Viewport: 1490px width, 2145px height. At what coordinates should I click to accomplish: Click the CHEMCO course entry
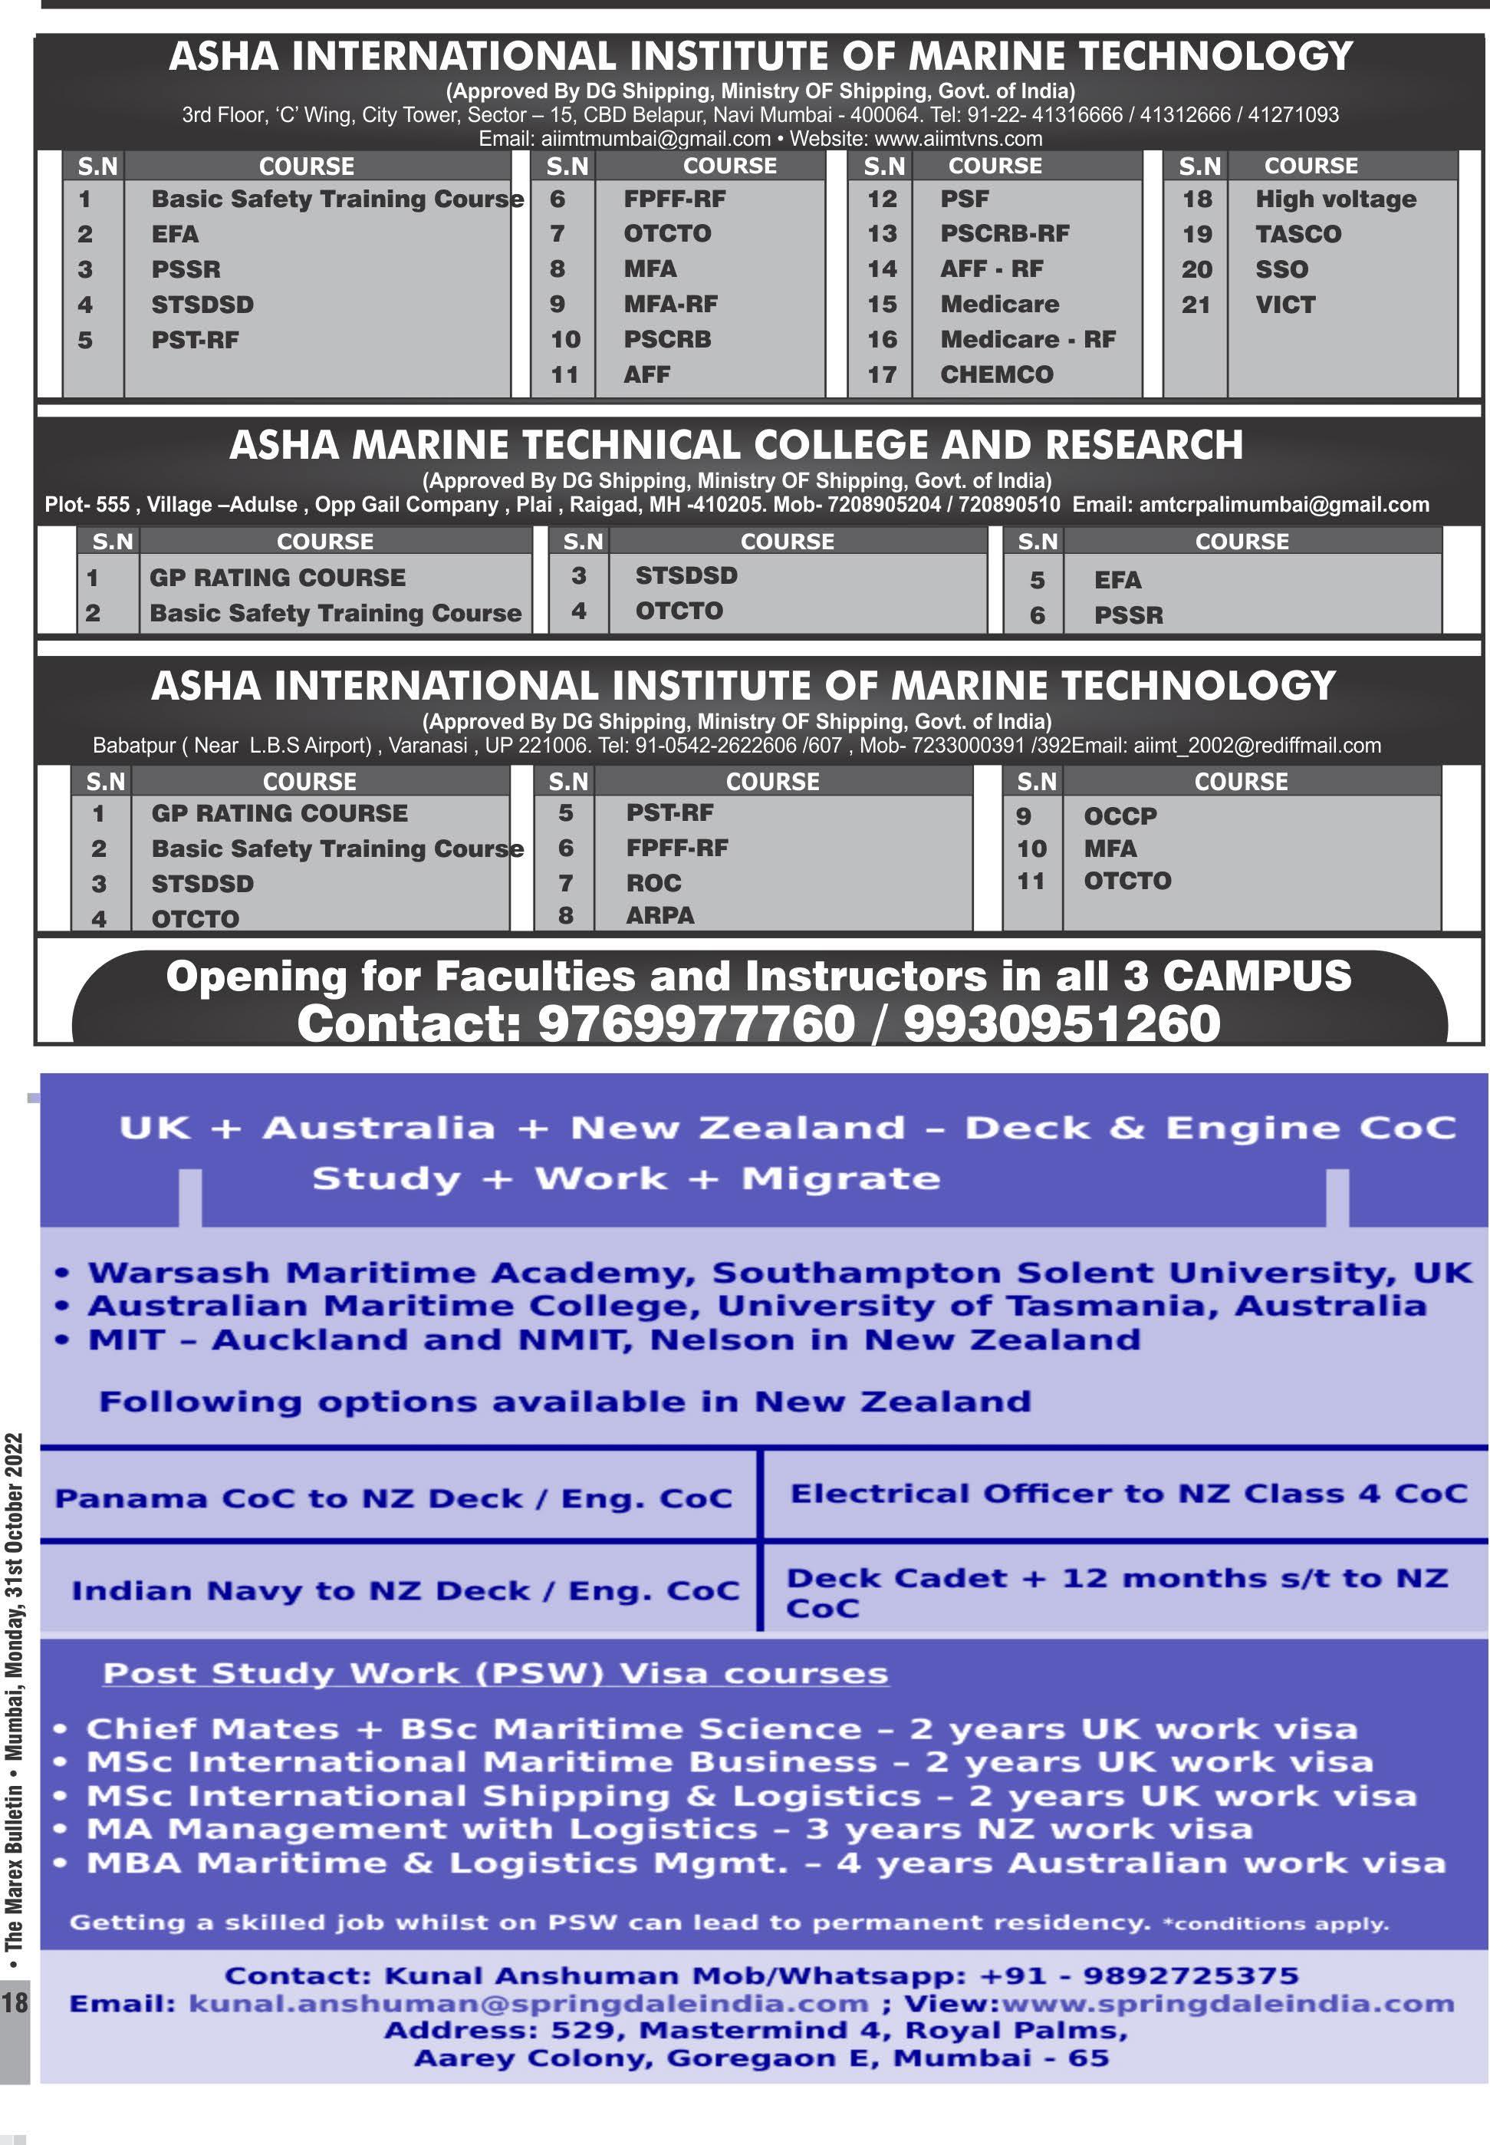pyautogui.click(x=996, y=374)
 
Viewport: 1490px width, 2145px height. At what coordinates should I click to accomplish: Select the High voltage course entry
pyautogui.click(x=1335, y=199)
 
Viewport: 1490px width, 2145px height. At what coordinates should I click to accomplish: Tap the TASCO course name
pyautogui.click(x=1298, y=233)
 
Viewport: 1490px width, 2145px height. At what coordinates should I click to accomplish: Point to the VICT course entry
pyautogui.click(x=1284, y=305)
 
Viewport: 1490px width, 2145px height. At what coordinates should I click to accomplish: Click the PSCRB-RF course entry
pyautogui.click(x=1005, y=233)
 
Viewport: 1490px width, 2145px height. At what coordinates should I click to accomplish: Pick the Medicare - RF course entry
pyautogui.click(x=1027, y=339)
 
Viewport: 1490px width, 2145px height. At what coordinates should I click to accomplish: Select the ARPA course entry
pyautogui.click(x=660, y=915)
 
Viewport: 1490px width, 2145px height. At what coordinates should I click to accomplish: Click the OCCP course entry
pyautogui.click(x=1120, y=815)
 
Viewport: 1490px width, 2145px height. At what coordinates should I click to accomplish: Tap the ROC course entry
pyautogui.click(x=653, y=882)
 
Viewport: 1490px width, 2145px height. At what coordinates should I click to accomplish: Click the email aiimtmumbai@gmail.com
pyautogui.click(x=656, y=139)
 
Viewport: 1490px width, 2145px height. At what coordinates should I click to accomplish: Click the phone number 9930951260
pyautogui.click(x=1061, y=1023)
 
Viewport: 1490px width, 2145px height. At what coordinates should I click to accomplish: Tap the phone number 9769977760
pyautogui.click(x=696, y=1023)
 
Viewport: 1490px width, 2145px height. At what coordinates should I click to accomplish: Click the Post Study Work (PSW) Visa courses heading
pyautogui.click(x=495, y=1672)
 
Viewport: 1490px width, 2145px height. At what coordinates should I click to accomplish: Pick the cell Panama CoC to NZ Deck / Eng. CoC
pyautogui.click(x=393, y=1498)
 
